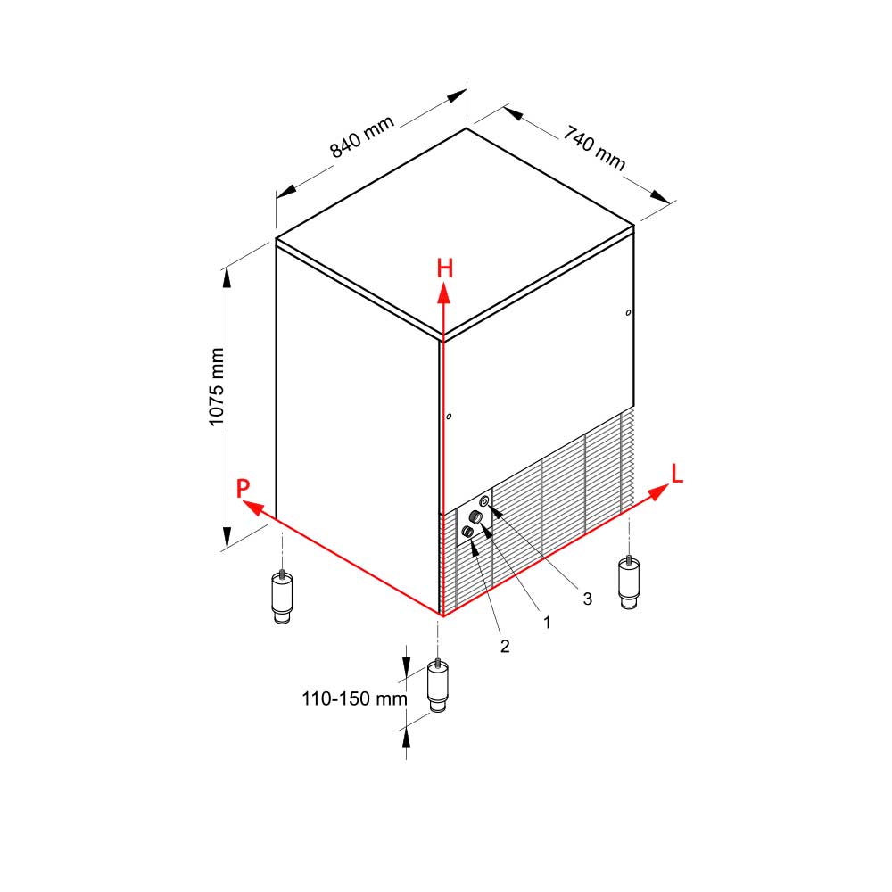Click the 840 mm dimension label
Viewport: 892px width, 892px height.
[x=362, y=137]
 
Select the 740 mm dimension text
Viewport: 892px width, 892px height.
[x=594, y=148]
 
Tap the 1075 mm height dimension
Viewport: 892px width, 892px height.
[x=216, y=387]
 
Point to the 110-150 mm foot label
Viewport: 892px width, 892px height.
[x=354, y=698]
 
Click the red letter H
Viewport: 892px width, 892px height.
[x=445, y=268]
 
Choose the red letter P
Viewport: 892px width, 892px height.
[x=243, y=488]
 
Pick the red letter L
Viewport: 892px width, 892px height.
[x=677, y=474]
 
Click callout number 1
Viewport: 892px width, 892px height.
[x=547, y=623]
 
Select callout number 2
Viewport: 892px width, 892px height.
[x=505, y=646]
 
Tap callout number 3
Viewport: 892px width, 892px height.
[x=587, y=599]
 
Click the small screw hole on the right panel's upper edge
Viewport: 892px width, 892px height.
[x=628, y=313]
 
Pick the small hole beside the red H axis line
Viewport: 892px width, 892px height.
[x=449, y=417]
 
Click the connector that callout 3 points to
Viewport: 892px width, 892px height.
[x=484, y=501]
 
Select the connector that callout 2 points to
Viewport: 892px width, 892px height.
[x=467, y=532]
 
